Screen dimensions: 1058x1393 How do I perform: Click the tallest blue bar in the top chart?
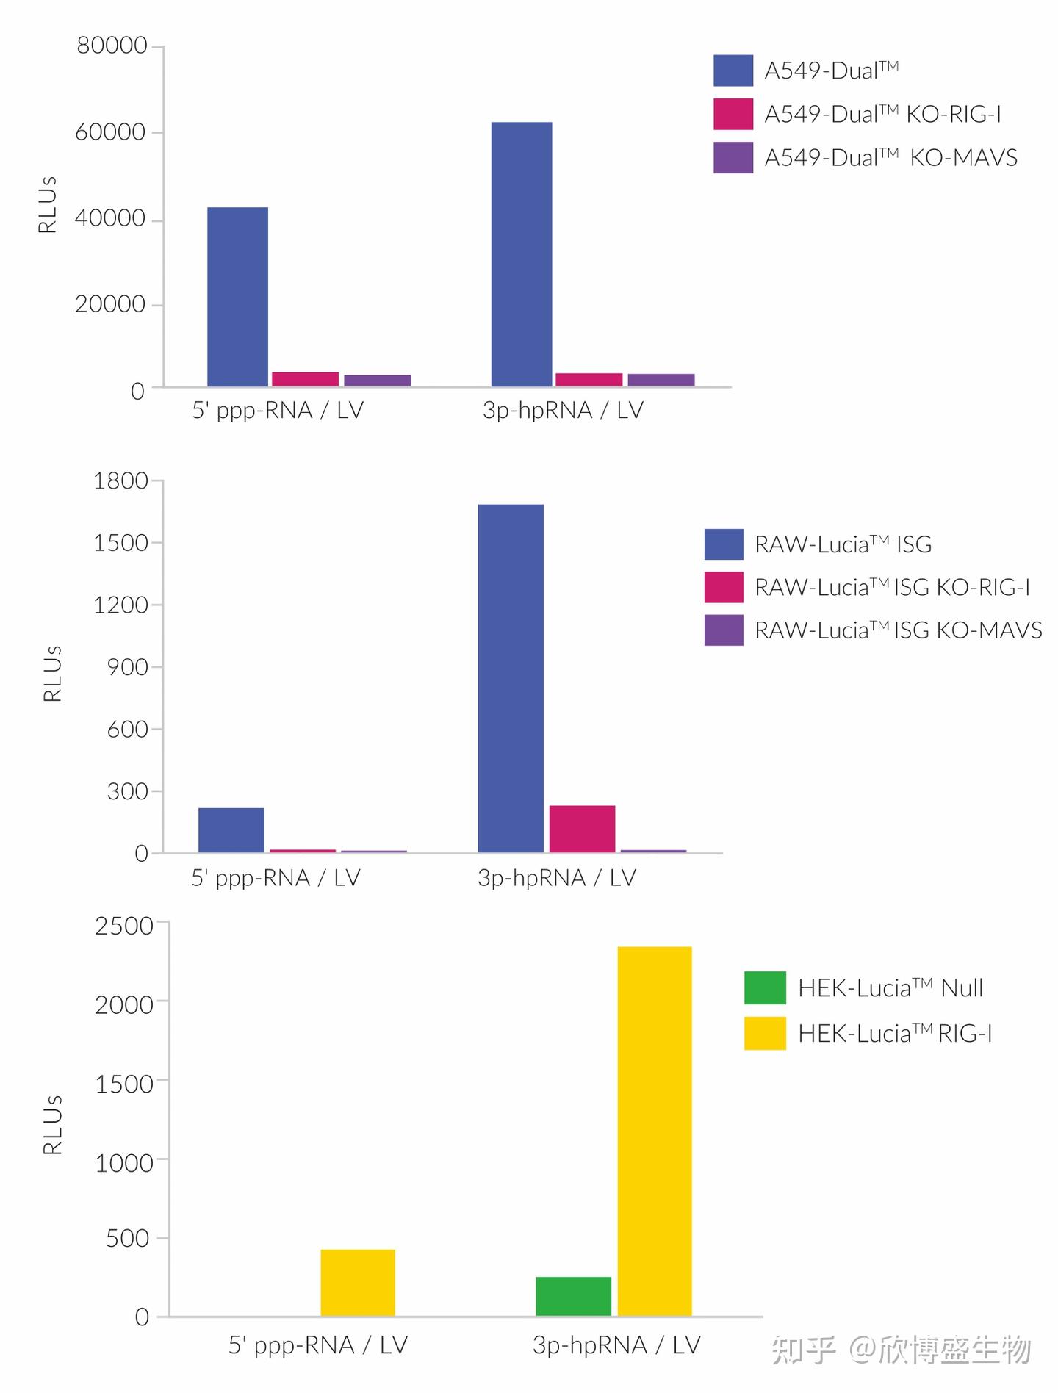[x=522, y=254]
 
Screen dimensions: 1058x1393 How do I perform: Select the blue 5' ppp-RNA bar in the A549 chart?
[x=237, y=297]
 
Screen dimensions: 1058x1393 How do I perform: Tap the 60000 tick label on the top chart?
[x=111, y=132]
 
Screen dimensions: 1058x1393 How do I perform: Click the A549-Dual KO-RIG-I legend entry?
[x=857, y=114]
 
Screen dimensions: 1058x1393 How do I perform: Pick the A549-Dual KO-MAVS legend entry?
[x=866, y=157]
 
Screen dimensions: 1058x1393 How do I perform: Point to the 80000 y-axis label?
[x=112, y=46]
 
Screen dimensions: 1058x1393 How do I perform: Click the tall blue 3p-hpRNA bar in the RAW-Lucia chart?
[x=511, y=678]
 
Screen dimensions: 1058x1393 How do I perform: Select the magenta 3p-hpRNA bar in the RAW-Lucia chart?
[x=582, y=829]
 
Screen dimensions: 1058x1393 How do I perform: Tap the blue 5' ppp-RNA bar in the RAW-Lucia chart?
[x=231, y=830]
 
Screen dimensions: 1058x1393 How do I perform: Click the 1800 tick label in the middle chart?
[x=121, y=481]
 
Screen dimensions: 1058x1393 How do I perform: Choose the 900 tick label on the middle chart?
[x=128, y=667]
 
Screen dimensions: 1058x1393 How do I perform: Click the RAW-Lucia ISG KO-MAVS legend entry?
[x=873, y=630]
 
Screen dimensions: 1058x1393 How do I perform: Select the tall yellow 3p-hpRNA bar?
[x=655, y=1131]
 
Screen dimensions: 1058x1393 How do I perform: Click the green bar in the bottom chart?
[x=574, y=1296]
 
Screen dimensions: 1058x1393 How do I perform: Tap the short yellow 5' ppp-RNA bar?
[x=358, y=1283]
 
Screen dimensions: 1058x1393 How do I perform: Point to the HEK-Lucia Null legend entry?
[x=863, y=987]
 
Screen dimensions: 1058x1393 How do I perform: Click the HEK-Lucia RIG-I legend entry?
[x=868, y=1033]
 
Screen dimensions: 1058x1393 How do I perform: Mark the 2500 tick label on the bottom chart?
[x=124, y=926]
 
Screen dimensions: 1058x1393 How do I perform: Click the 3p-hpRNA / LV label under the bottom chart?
[x=616, y=1345]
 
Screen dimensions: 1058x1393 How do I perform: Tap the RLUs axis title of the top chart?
[x=48, y=204]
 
